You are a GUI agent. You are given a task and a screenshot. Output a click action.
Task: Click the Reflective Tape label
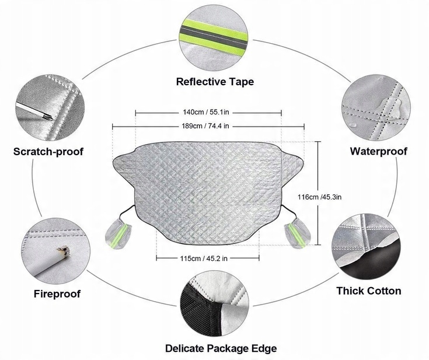[x=215, y=82]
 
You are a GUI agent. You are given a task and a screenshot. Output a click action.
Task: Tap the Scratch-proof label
[x=49, y=152]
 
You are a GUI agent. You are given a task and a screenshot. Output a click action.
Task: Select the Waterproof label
[x=378, y=152]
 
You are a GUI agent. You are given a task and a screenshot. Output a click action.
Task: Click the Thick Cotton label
[x=368, y=291]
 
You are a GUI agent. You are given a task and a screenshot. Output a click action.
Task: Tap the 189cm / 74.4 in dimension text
[x=208, y=125]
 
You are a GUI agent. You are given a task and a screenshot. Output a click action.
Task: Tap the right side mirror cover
[x=297, y=233]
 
